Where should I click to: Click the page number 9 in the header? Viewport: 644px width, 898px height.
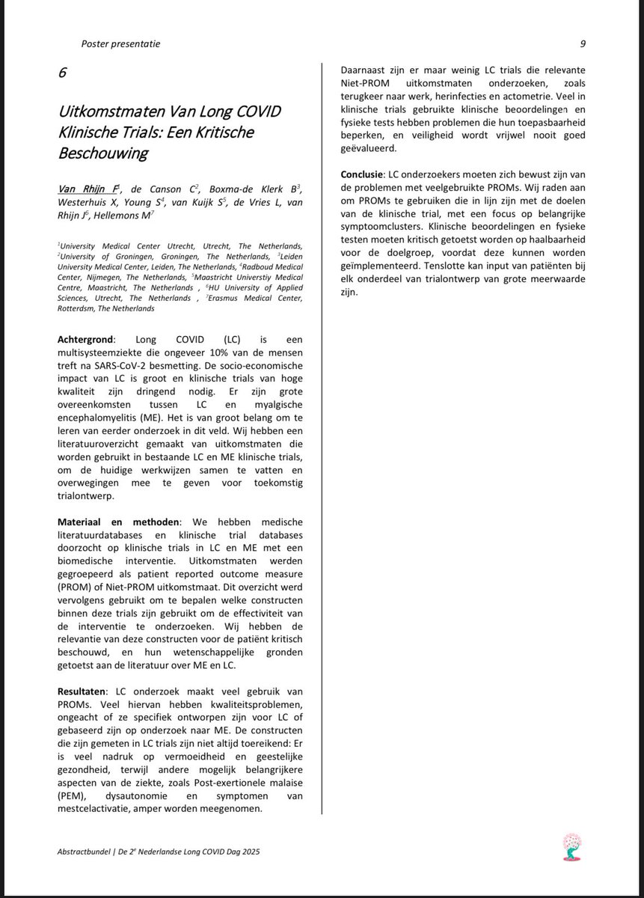(582, 43)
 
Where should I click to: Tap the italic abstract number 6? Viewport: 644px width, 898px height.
(63, 73)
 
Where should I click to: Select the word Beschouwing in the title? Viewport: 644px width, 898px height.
(103, 154)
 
